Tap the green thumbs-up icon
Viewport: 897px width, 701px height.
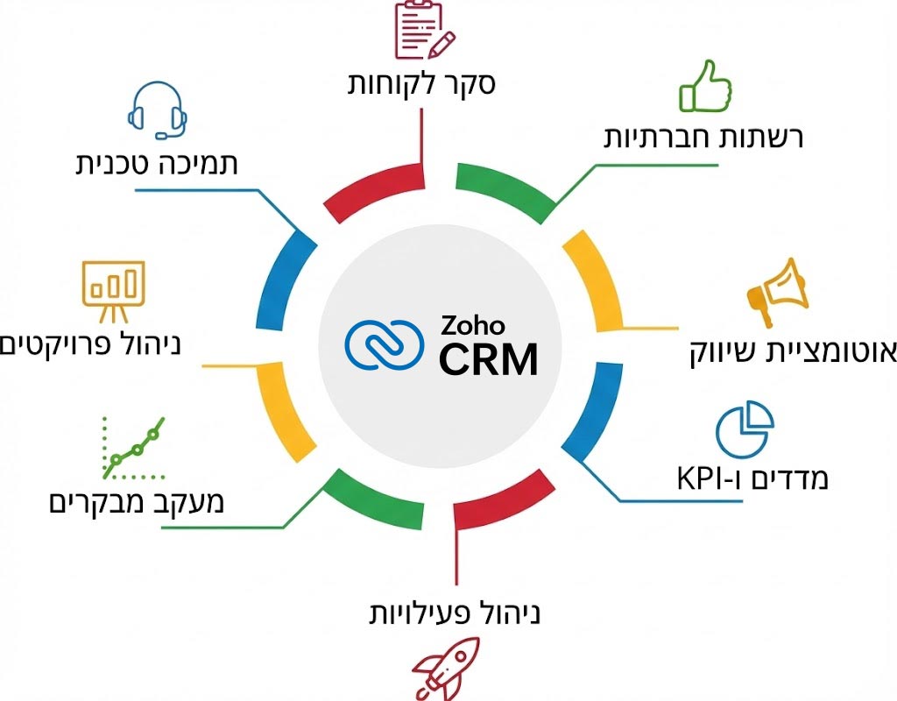[705, 88]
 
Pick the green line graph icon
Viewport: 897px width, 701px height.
[132, 448]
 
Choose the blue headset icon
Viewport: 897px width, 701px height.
[157, 111]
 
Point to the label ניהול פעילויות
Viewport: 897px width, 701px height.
[453, 612]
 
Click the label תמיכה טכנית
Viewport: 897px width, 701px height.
[157, 163]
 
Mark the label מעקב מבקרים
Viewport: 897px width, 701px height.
[136, 502]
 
